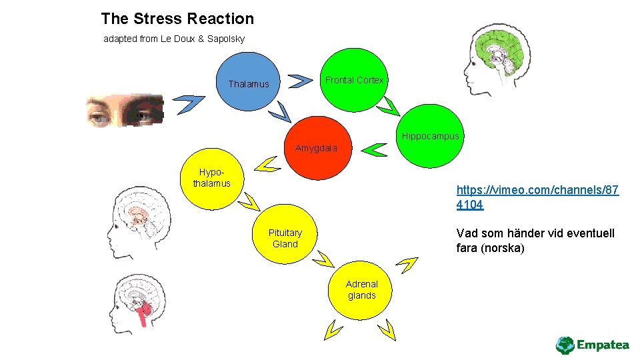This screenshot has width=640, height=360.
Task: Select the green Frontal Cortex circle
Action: tap(354, 80)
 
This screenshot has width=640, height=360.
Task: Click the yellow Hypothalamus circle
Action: tap(212, 178)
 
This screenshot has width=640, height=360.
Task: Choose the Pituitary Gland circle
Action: tap(285, 238)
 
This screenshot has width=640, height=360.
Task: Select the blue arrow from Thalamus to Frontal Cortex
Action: tap(301, 81)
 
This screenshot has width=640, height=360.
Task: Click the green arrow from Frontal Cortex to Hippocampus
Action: tap(389, 106)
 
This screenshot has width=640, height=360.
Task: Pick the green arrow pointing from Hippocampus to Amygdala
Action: tap(376, 150)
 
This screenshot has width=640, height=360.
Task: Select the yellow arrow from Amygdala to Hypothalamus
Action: tap(267, 164)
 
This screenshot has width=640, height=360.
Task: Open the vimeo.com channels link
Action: tap(537, 197)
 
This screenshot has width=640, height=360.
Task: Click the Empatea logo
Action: tap(592, 345)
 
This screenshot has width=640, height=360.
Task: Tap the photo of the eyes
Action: tap(124, 110)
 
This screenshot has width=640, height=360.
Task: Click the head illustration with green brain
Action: tap(497, 59)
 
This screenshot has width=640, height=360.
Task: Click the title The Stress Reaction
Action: tap(177, 19)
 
